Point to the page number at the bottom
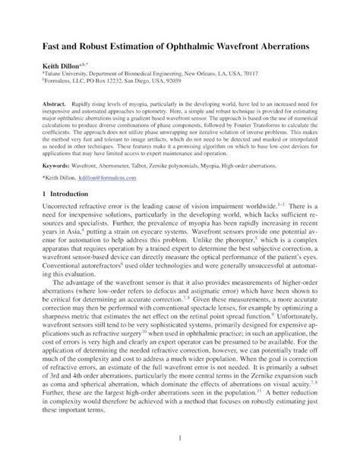[x=180, y=441]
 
